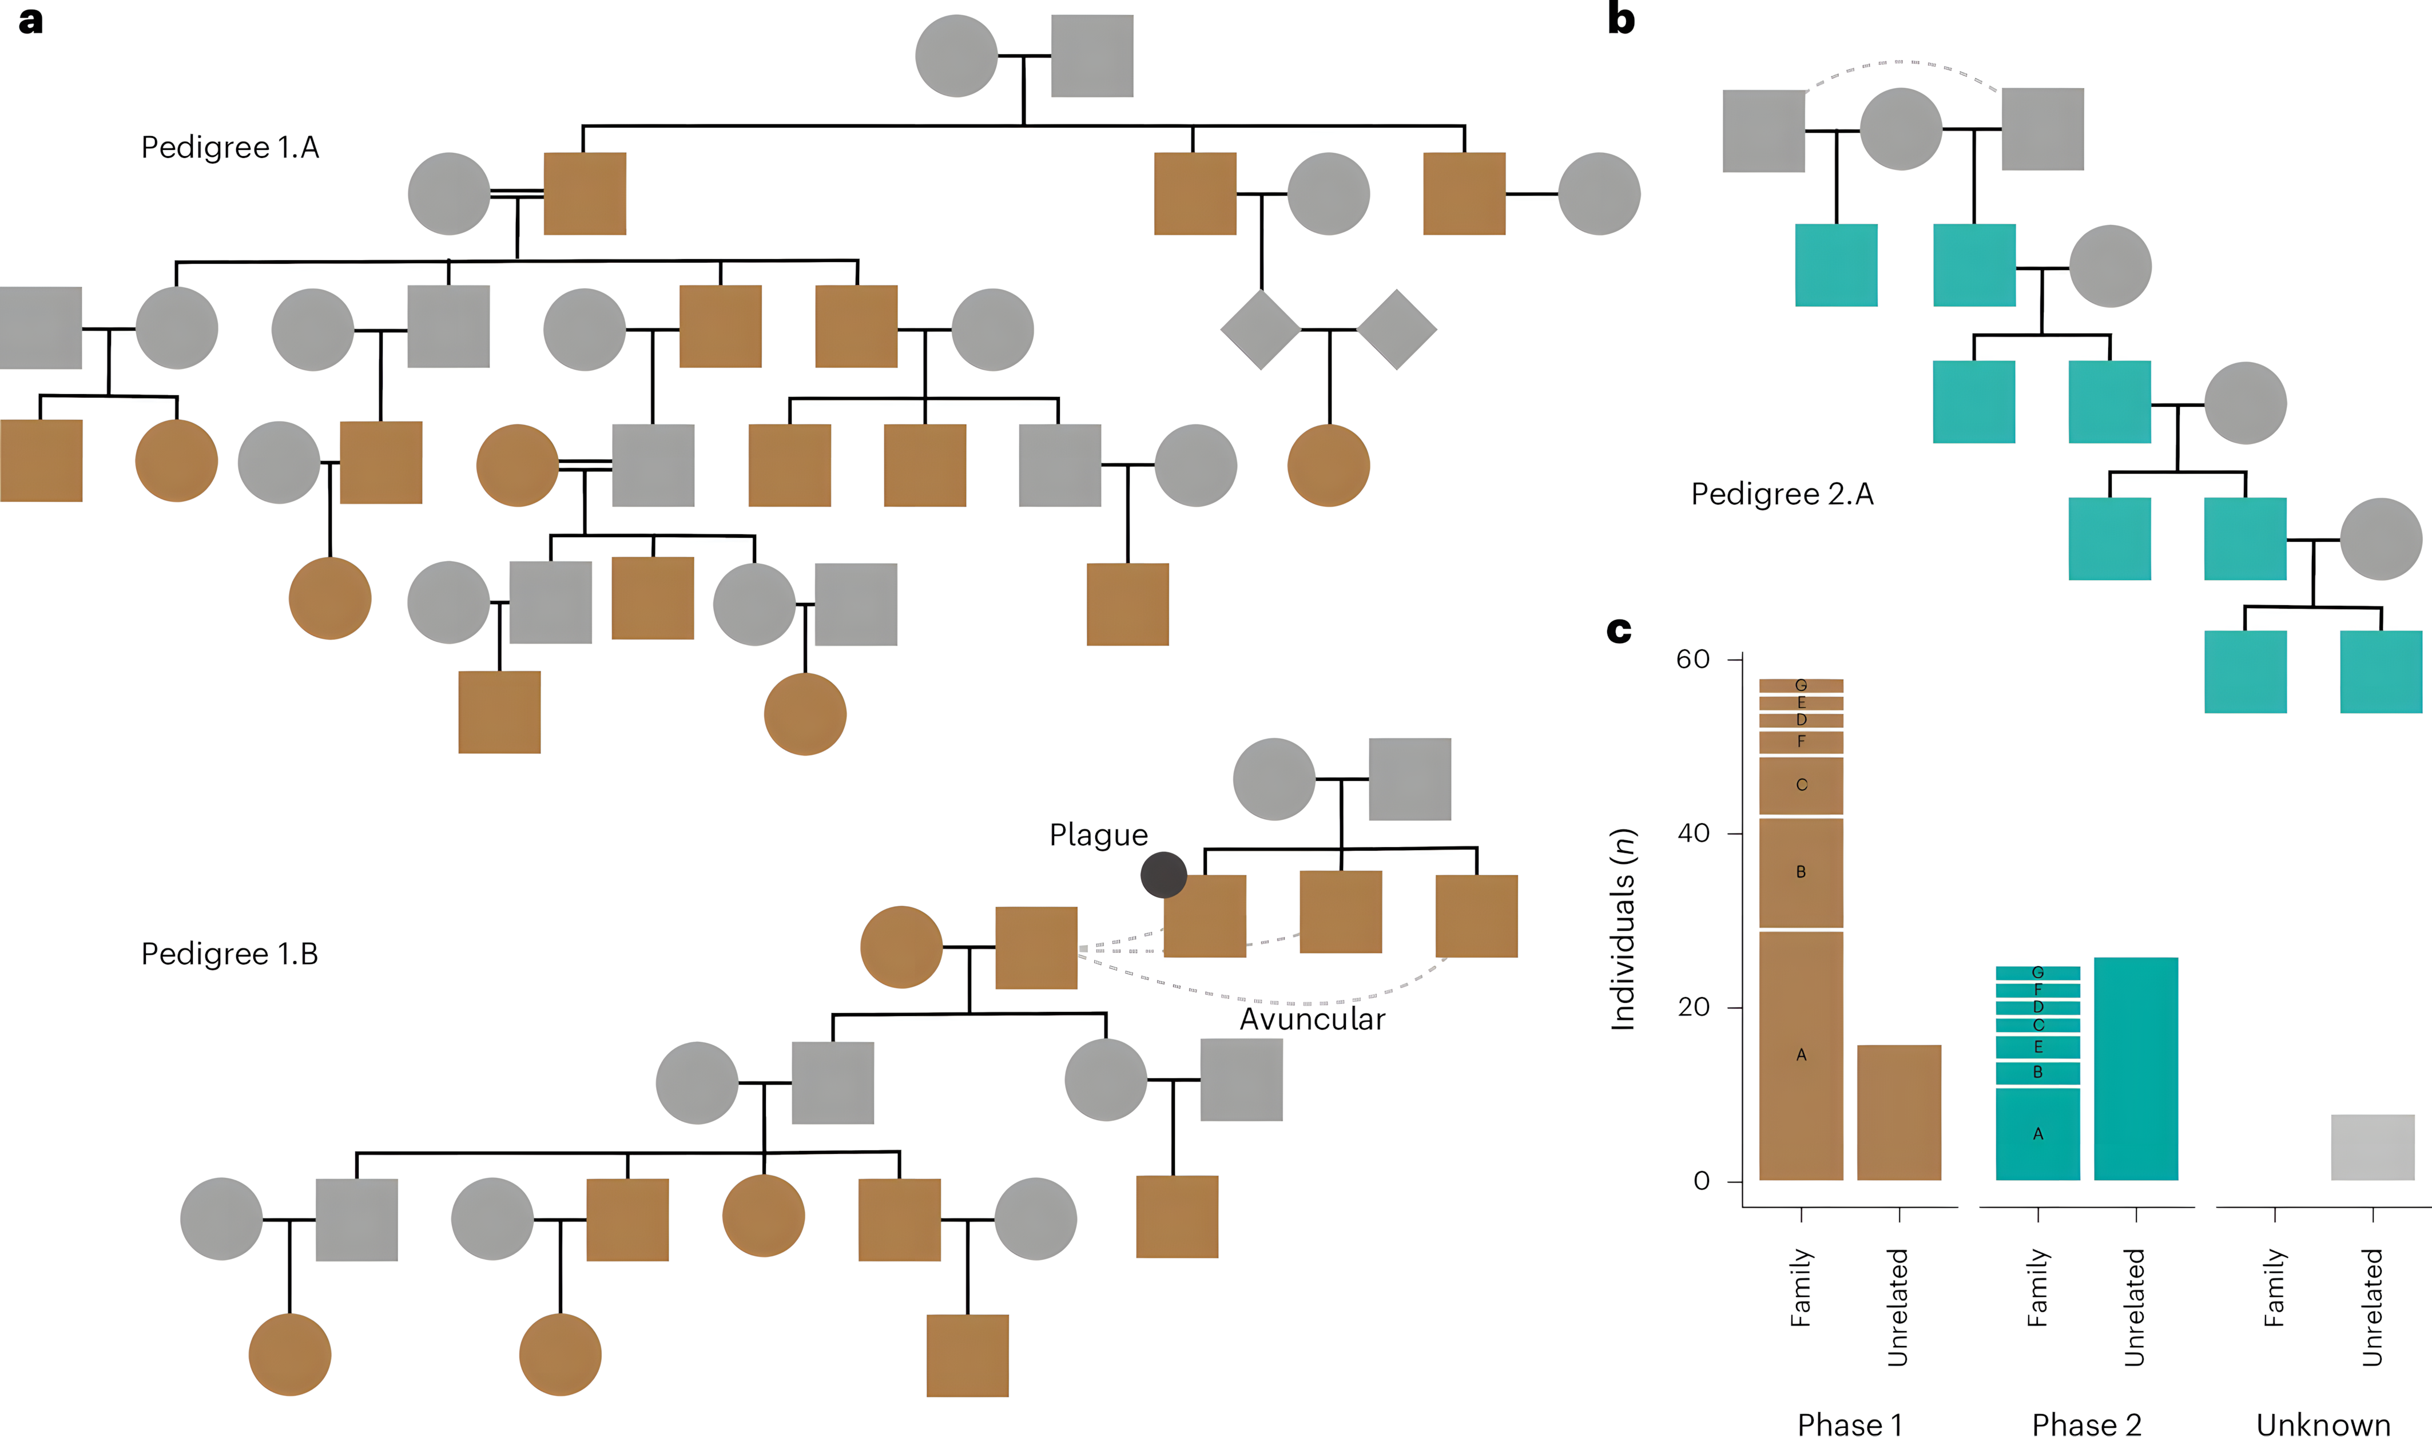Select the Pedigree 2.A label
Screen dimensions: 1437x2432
[x=1782, y=494]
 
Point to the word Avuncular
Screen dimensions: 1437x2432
[x=1312, y=1019]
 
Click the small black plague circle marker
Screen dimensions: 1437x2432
[x=1163, y=875]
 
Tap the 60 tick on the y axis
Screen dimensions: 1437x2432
[x=1693, y=660]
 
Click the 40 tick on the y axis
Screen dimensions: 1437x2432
[x=1693, y=833]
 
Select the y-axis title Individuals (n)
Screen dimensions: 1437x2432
[x=1623, y=930]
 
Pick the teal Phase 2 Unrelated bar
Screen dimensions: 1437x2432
[x=2136, y=1069]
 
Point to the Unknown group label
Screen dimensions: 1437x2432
[x=2323, y=1423]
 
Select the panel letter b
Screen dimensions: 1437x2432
[x=1621, y=19]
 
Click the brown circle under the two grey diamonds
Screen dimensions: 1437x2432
[x=1328, y=465]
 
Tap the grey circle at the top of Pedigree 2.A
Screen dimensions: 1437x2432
[x=1901, y=129]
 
